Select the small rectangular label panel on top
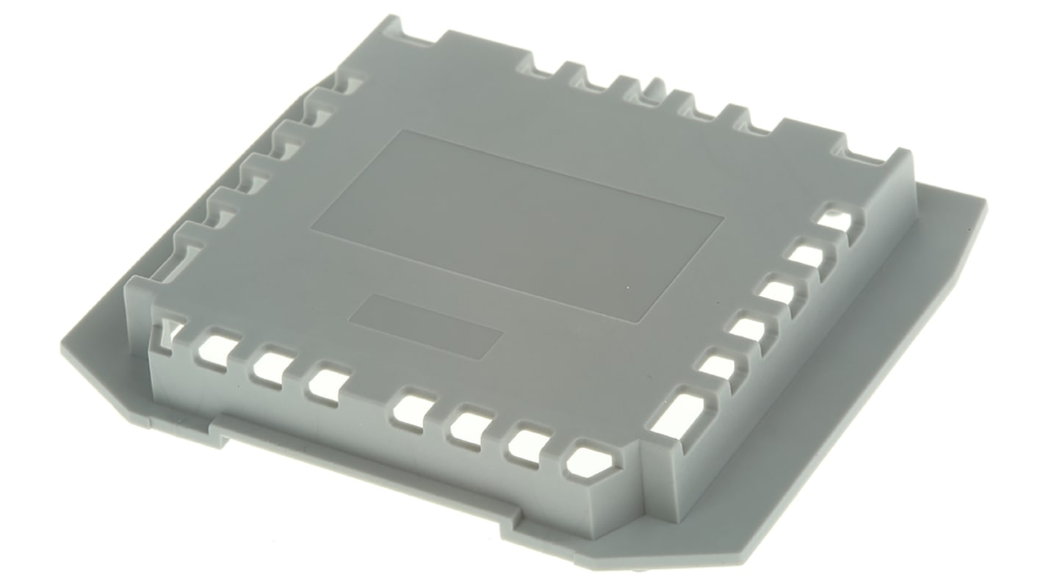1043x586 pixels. point(425,327)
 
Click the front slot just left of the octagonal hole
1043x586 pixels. point(530,446)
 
